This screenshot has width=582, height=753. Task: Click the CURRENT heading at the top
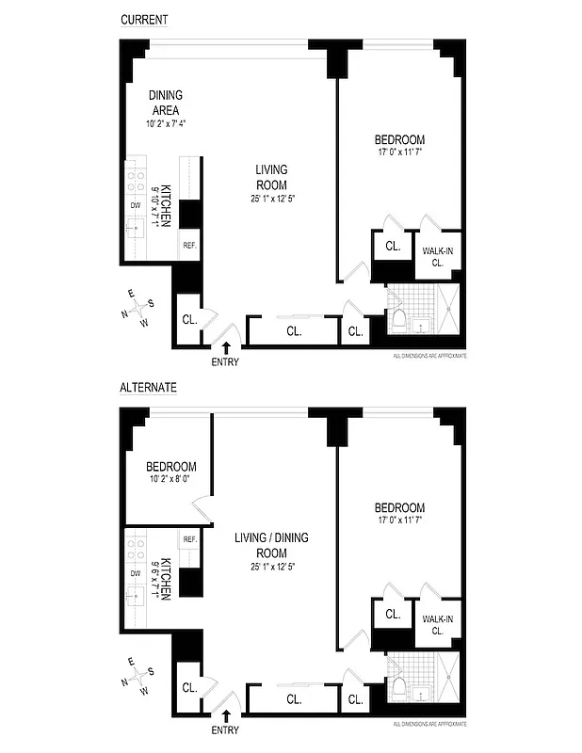tap(144, 20)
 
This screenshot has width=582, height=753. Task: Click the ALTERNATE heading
tap(149, 387)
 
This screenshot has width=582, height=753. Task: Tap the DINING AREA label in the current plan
tap(165, 102)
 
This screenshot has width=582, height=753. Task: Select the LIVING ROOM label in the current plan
tap(271, 177)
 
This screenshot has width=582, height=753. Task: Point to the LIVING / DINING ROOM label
tap(271, 545)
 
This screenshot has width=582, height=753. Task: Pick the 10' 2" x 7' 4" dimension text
tap(170, 123)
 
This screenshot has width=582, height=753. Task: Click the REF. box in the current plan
tap(188, 246)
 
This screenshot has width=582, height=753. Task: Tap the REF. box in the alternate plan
tap(188, 539)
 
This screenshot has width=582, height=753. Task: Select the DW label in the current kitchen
tap(135, 205)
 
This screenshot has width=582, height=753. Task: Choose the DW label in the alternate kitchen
tap(135, 572)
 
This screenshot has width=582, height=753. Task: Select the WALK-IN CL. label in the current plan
tap(437, 256)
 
